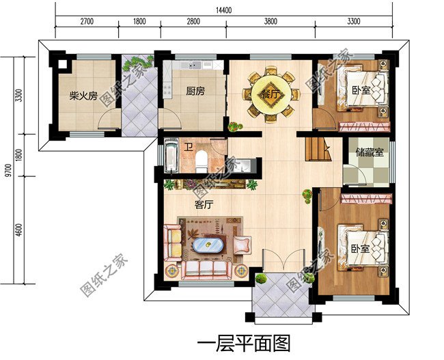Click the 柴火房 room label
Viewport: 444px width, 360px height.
pos(83,96)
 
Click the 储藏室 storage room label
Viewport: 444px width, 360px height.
pos(370,153)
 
